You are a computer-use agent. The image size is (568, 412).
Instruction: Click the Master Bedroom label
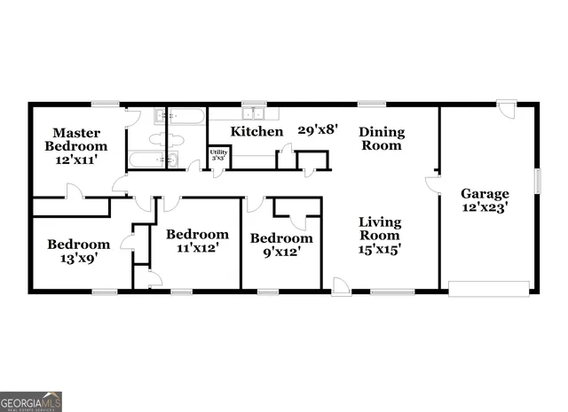pyautogui.click(x=76, y=146)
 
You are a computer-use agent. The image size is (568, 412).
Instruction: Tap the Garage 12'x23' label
pyautogui.click(x=485, y=200)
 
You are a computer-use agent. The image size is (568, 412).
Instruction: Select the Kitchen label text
pyautogui.click(x=257, y=131)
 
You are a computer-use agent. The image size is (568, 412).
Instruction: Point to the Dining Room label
pyautogui.click(x=382, y=138)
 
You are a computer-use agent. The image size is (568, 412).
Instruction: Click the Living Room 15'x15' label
pyautogui.click(x=380, y=235)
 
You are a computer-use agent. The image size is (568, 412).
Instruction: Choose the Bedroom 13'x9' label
pyautogui.click(x=79, y=251)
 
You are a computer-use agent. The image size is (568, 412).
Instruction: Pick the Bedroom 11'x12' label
pyautogui.click(x=197, y=240)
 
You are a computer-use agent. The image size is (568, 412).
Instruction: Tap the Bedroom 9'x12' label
pyautogui.click(x=281, y=244)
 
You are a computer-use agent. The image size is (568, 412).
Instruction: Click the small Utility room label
pyautogui.click(x=218, y=156)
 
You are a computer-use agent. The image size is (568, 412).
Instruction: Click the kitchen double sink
pyautogui.click(x=255, y=113)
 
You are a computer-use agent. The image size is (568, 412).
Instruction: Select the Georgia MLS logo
pyautogui.click(x=31, y=401)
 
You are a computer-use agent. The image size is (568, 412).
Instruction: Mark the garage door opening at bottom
pyautogui.click(x=488, y=288)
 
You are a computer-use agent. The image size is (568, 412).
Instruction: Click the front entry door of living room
pyautogui.click(x=341, y=285)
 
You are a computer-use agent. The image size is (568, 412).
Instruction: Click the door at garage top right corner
pyautogui.click(x=505, y=110)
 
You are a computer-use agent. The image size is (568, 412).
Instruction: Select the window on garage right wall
pyautogui.click(x=537, y=180)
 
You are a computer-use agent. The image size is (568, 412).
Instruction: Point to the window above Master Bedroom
pyautogui.click(x=105, y=104)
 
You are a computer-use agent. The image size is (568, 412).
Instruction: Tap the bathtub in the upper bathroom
pyautogui.click(x=187, y=115)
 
